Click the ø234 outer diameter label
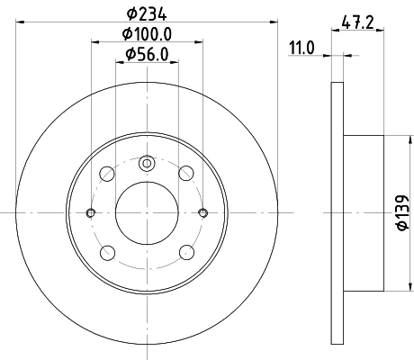[145, 13]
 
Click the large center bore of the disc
[146, 212]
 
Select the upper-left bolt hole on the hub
[106, 173]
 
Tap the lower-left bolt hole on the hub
[106, 252]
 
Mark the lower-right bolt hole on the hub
[185, 252]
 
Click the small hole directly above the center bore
[146, 164]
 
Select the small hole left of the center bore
[90, 212]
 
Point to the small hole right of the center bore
[202, 212]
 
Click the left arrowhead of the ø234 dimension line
[20, 22]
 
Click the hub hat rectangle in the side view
[364, 212]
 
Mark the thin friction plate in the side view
[337, 212]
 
